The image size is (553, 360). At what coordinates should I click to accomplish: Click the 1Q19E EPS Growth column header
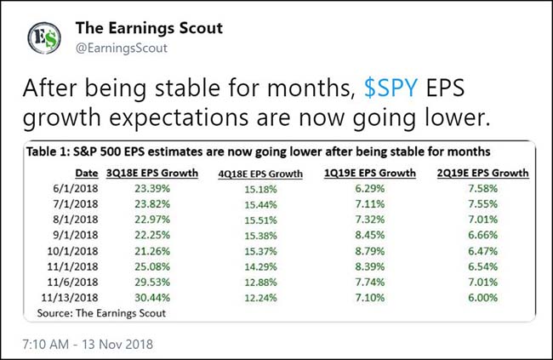pos(381,174)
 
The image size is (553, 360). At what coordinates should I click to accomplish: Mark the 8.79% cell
pos(381,252)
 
